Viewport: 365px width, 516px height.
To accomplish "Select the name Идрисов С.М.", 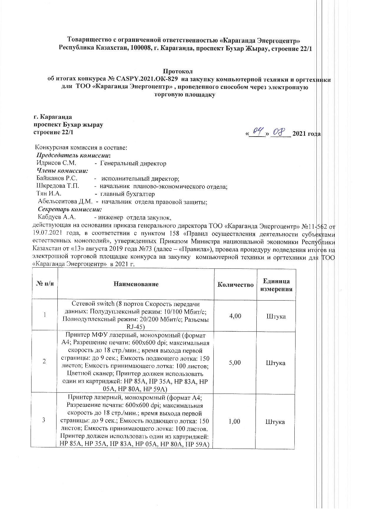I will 56,163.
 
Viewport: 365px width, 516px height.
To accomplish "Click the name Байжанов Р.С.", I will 57,178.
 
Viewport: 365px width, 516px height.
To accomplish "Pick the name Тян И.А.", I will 49,194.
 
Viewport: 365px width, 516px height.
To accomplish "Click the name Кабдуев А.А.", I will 57,218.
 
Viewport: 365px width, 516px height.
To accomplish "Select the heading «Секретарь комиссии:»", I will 70,210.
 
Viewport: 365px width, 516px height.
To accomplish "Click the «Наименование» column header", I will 136,284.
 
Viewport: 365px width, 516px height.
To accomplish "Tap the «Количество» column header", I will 235,285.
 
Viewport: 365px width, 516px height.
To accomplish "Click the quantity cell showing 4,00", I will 235,316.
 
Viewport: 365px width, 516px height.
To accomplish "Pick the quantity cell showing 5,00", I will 235,362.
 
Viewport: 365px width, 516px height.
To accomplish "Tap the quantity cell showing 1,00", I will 235,421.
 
